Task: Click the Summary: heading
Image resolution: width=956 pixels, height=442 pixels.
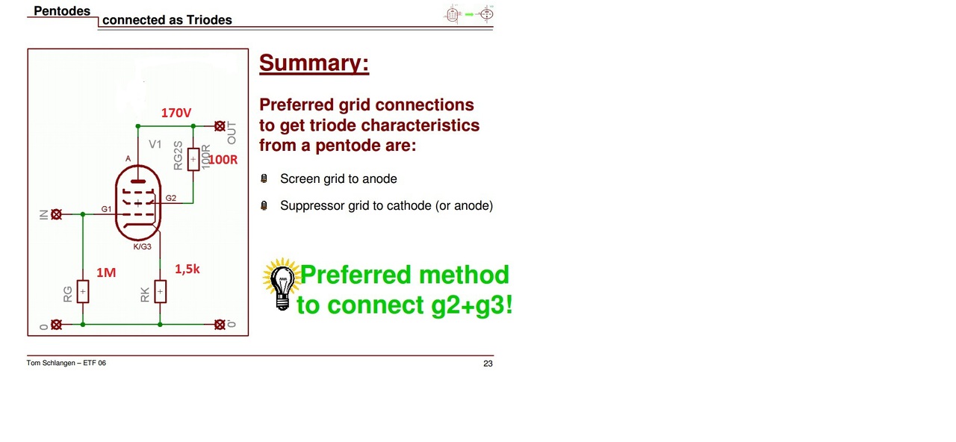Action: coord(314,63)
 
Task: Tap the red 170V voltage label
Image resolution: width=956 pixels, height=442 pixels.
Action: coord(176,113)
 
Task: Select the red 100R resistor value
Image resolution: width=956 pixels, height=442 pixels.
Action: coord(223,160)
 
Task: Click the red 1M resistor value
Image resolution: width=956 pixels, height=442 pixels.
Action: coord(106,273)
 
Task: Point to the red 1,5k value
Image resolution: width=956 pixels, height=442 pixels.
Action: coord(187,269)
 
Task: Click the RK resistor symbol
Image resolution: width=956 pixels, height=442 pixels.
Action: coord(160,292)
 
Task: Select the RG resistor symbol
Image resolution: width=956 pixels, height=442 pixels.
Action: coord(83,292)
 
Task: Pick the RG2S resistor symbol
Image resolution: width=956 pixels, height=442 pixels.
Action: coord(193,160)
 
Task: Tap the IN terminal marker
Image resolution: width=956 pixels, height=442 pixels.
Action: coord(56,214)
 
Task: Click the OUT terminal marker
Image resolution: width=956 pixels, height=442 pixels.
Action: coord(220,126)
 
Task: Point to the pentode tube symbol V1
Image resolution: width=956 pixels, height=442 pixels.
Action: coord(138,202)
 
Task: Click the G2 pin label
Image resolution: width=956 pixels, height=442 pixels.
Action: coord(171,198)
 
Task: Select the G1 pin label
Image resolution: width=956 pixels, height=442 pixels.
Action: coord(106,209)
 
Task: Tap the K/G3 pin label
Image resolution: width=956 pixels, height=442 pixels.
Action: coord(142,246)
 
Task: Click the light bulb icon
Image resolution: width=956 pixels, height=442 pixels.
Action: coord(282,284)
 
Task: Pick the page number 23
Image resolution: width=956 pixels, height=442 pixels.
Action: coord(488,364)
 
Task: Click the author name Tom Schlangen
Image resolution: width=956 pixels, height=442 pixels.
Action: coord(51,363)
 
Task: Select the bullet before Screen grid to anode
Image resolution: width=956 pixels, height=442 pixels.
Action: coord(264,178)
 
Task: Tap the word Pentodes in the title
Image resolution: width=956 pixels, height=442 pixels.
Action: coord(62,11)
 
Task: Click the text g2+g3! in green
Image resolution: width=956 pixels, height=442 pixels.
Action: coord(471,305)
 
